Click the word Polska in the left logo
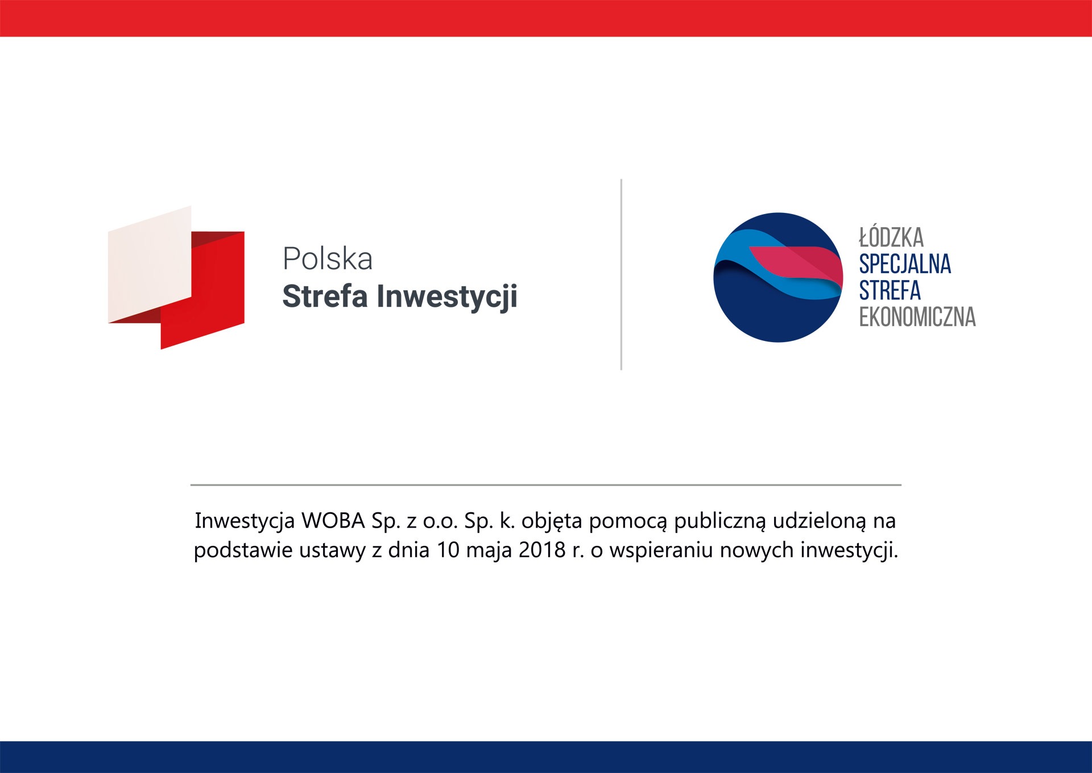(x=328, y=259)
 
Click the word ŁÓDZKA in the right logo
(x=891, y=237)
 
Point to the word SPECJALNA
(x=905, y=264)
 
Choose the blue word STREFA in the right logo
(x=890, y=290)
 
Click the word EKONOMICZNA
(x=917, y=317)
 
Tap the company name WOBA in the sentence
(x=333, y=520)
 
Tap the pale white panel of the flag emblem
(x=150, y=264)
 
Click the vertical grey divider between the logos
(x=621, y=274)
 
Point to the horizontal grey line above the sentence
(x=546, y=485)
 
